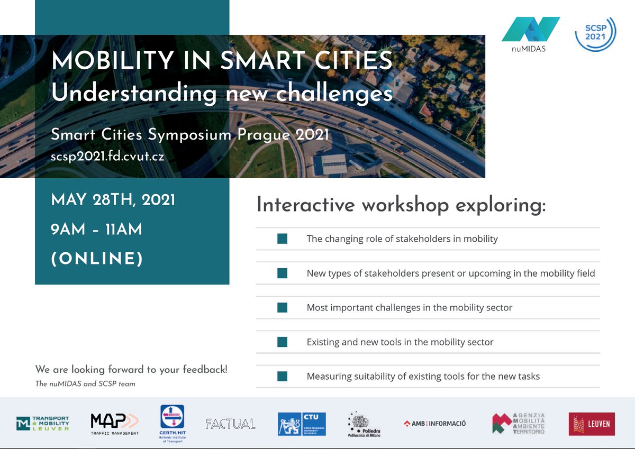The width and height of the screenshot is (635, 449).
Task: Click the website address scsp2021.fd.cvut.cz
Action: point(111,157)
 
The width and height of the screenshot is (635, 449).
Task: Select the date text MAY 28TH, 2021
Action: point(113,200)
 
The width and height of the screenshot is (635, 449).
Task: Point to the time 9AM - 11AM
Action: point(96,230)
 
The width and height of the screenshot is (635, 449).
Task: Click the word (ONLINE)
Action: point(97,259)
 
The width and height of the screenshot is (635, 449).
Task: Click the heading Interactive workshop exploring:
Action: point(401,205)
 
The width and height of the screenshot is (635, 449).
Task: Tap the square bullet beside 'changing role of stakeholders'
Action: point(282,239)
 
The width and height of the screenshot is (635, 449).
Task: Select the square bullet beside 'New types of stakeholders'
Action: point(282,273)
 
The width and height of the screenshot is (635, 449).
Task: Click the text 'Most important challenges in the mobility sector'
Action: point(409,307)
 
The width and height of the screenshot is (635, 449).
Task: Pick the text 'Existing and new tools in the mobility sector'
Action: point(400,342)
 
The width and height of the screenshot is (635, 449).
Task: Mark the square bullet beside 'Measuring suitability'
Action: point(282,377)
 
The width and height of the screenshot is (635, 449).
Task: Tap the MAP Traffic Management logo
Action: point(115,424)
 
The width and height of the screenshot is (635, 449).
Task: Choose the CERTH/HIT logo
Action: point(171,424)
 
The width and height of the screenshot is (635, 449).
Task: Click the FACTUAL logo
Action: point(230,424)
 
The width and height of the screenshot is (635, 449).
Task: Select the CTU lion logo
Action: point(302,424)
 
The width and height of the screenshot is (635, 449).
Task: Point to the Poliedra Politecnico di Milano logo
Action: point(364,425)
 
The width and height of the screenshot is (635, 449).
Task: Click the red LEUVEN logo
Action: point(592,424)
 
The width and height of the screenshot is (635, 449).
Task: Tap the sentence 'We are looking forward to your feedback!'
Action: point(131,370)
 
